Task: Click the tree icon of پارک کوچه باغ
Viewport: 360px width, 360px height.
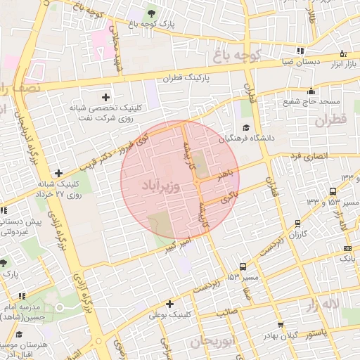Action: click(x=152, y=13)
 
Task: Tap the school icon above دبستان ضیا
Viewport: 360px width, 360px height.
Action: click(x=302, y=51)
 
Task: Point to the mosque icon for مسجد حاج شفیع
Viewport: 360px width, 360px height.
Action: click(x=311, y=90)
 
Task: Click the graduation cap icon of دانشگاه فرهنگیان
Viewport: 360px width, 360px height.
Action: click(x=246, y=127)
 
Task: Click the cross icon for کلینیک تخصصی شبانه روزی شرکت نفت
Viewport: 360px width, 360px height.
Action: click(x=106, y=97)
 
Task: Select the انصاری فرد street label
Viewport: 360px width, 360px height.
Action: click(x=306, y=155)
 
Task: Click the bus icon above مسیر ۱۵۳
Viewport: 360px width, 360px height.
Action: click(x=243, y=266)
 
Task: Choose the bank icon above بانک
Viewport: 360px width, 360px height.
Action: click(x=347, y=248)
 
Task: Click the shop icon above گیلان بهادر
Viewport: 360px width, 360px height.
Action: click(x=281, y=325)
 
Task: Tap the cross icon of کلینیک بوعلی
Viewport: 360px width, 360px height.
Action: click(x=170, y=304)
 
